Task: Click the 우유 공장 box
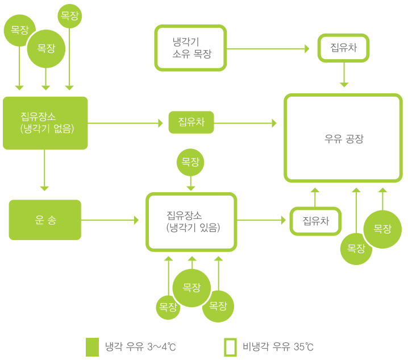pos(343,139)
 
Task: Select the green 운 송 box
pos(45,220)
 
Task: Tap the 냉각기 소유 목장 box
pos(190,48)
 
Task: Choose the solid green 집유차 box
pos(191,122)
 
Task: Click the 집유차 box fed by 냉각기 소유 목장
pos(343,48)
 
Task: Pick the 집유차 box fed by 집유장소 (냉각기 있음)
pos(315,221)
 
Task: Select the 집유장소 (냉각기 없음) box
pos(45,123)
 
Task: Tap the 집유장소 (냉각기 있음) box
pos(191,222)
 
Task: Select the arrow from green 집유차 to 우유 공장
pos(245,123)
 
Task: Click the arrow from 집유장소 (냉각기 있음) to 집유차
pos(261,220)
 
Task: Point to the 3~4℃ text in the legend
pos(165,346)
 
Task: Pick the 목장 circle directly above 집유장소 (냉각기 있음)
pos(190,162)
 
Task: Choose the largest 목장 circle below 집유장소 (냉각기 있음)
pos(191,288)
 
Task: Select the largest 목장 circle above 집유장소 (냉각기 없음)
pos(46,49)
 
